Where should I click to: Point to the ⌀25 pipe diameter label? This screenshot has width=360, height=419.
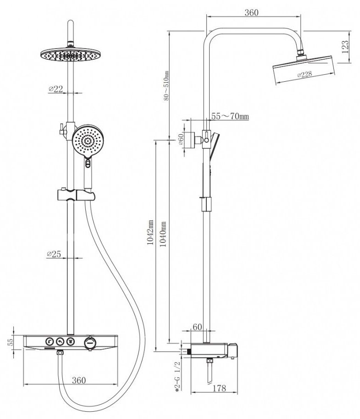click(55, 254)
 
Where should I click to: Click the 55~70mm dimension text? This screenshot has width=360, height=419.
click(230, 117)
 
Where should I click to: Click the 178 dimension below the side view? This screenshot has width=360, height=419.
click(220, 389)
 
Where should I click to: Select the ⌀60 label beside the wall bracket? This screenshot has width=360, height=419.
click(181, 140)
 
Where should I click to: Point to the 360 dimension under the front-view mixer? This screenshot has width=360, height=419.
click(79, 380)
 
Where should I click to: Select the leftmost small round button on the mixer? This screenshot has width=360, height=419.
click(48, 341)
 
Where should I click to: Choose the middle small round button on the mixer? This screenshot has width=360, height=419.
click(59, 341)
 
